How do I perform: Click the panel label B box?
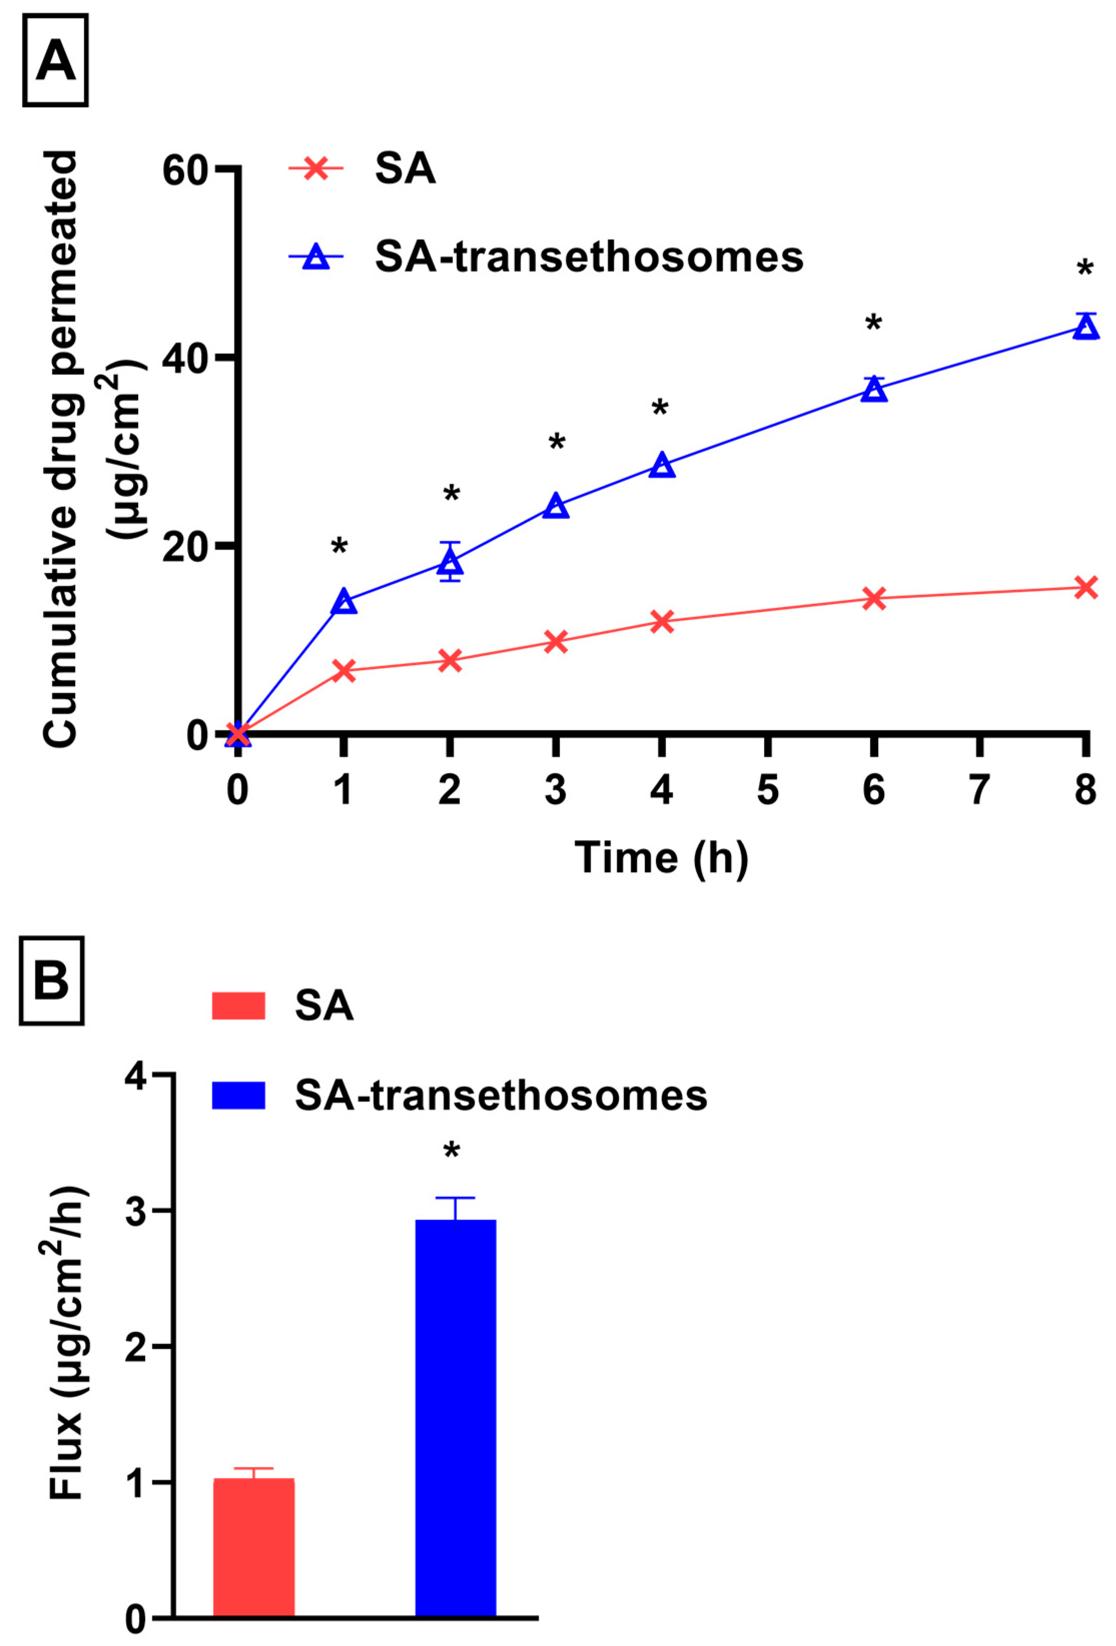pyautogui.click(x=52, y=981)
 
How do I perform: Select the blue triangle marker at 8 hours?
pyautogui.click(x=1085, y=327)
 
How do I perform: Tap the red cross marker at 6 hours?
pyautogui.click(x=874, y=599)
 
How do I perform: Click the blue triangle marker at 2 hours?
pyautogui.click(x=451, y=562)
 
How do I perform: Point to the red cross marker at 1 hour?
pyautogui.click(x=343, y=670)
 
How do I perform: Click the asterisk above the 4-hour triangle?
pyautogui.click(x=660, y=408)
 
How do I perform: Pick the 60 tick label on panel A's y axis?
pyautogui.click(x=186, y=171)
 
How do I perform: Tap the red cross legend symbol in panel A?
pyautogui.click(x=316, y=169)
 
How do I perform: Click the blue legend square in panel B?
pyautogui.click(x=239, y=1095)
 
